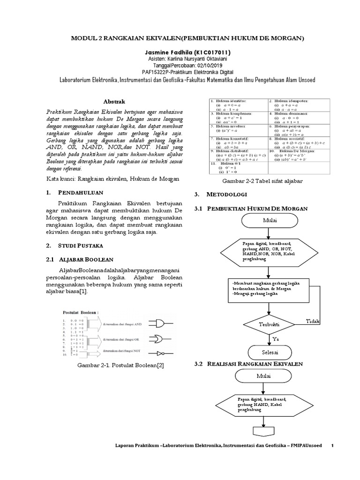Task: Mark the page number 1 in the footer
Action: click(332, 445)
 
